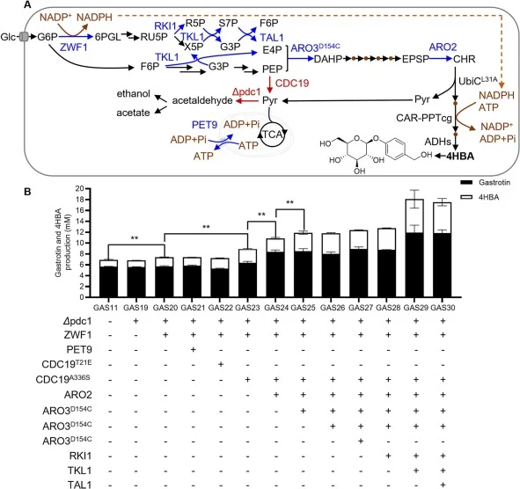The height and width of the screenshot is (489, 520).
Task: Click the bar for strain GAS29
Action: coord(414,248)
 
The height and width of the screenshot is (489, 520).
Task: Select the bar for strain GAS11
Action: coord(109,279)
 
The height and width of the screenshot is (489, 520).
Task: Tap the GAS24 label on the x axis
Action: coord(275,308)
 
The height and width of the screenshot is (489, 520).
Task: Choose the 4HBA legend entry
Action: coord(480,197)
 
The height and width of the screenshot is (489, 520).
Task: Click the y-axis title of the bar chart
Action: coord(62,243)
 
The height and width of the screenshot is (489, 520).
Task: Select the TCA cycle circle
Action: coord(273,135)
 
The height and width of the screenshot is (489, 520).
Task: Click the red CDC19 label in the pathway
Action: coord(292,83)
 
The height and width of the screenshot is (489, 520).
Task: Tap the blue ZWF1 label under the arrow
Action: coord(74,47)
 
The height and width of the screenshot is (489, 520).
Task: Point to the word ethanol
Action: coord(134,94)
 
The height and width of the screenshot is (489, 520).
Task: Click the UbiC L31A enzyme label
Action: coord(478,81)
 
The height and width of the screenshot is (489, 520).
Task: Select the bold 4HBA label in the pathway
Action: coord(460,157)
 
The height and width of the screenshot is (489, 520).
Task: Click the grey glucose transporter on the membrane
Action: coord(24,36)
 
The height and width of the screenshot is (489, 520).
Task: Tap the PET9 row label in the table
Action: coord(79,349)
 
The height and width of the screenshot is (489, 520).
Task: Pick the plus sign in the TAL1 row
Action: coord(443,485)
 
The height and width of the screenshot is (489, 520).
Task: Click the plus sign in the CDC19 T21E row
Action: coord(221,364)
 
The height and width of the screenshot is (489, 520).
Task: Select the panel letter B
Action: coord(27,192)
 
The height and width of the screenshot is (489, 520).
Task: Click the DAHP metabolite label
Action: coord(328,59)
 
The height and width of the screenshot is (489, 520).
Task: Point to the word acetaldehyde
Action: coord(202,100)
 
